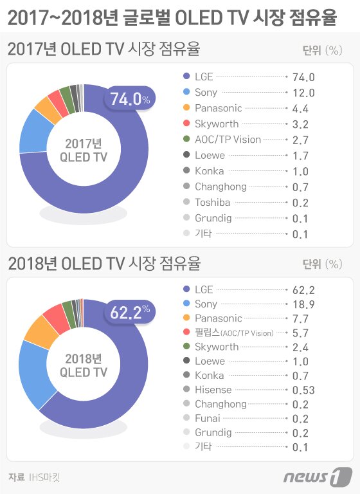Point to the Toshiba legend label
click(213, 203)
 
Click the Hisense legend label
click(213, 389)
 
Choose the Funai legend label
click(208, 418)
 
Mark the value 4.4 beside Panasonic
click(300, 108)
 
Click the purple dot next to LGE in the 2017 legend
click(186, 77)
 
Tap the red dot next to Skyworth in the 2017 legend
click(186, 124)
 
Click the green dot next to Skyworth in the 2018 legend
click(186, 347)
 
